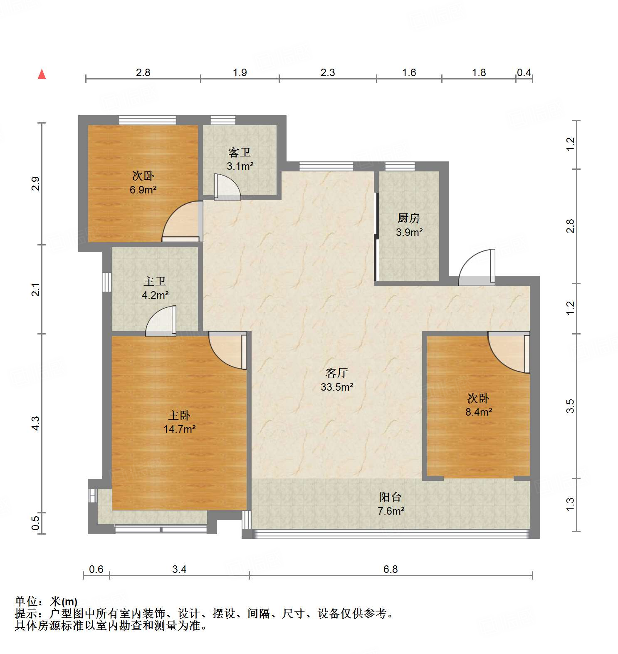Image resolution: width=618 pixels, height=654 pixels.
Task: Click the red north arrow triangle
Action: pos(42,74)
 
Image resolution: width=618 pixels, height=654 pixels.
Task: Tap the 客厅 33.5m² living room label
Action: pos(336,379)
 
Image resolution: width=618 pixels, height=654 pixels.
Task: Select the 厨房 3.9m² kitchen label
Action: pos(409,225)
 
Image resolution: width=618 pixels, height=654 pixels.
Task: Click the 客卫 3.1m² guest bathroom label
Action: pos(240,159)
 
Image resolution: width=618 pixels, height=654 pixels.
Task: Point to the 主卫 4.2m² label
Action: pos(155,288)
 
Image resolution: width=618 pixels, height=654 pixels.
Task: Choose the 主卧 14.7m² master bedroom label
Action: pos(179,422)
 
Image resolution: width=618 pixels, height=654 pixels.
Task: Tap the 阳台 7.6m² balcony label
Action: pos(391,504)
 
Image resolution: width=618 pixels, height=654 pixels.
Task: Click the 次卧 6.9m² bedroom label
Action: pos(143,183)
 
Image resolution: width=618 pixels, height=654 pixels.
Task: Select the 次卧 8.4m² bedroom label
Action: pos(478,405)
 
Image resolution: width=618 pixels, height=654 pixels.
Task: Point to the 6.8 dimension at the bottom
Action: pos(391,569)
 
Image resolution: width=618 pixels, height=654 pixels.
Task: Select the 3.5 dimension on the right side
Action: pos(571,406)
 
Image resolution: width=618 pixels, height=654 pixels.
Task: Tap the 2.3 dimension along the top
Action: pos(328,73)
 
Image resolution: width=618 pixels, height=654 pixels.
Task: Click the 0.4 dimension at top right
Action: pos(524,73)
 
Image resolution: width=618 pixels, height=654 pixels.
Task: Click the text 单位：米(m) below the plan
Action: pos(46,602)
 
